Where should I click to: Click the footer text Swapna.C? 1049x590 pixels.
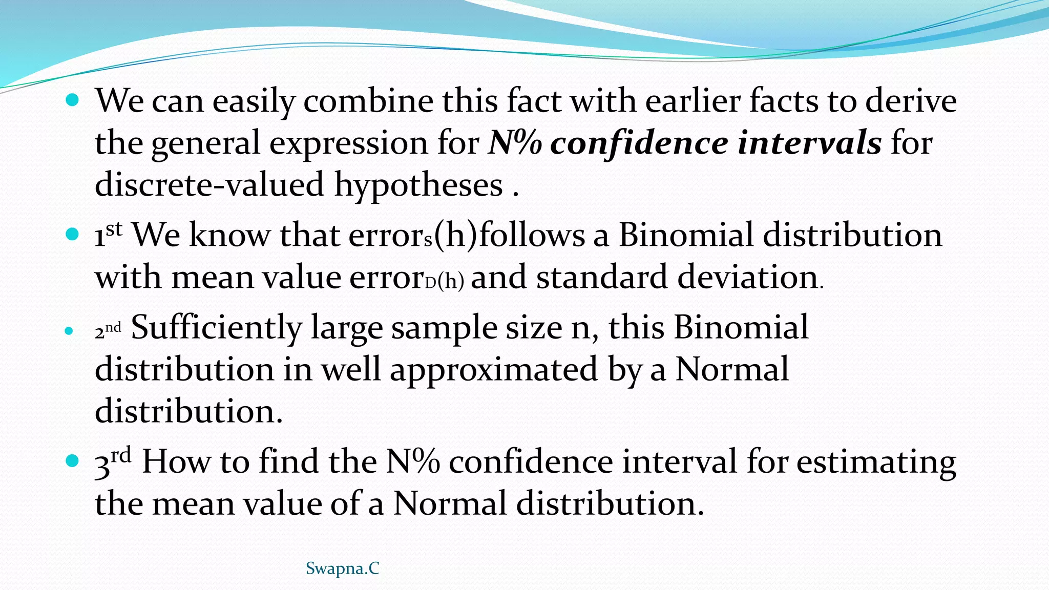[342, 568]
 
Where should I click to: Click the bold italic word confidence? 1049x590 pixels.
[639, 143]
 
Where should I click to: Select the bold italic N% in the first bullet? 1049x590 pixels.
[515, 143]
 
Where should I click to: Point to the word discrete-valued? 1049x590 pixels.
[209, 185]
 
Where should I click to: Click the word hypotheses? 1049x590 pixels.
[418, 186]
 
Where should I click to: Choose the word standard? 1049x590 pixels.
[602, 278]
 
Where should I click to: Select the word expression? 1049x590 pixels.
[348, 144]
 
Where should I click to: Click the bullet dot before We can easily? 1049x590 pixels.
[73, 99]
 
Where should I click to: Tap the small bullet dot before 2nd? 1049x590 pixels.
[69, 331]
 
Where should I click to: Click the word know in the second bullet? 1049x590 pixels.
[229, 236]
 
